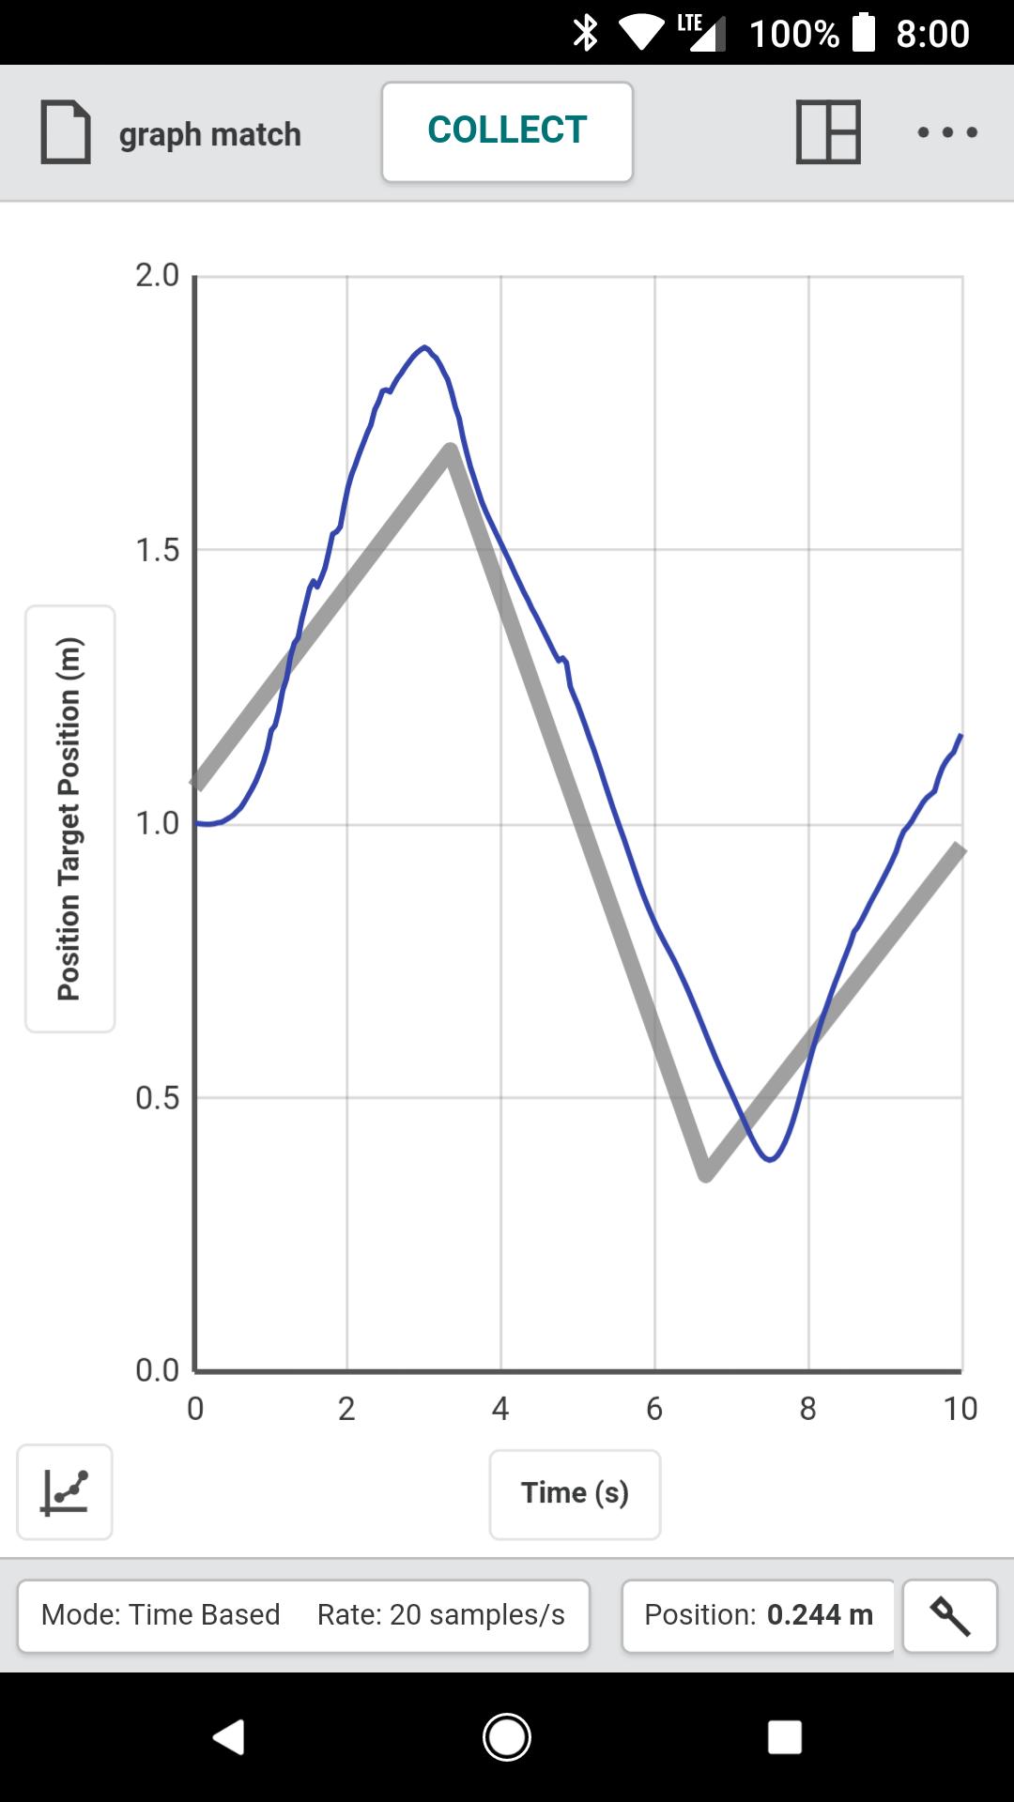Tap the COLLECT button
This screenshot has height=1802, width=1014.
507,131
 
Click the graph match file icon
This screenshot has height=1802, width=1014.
66,132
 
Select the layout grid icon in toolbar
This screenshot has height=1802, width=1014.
828,132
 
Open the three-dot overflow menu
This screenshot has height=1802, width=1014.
947,132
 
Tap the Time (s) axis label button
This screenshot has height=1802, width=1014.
575,1493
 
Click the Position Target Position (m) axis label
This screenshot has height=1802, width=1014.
70,818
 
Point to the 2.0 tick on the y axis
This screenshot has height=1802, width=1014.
157,276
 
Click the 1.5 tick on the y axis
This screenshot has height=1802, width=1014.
157,550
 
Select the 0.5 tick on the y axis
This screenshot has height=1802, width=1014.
157,1098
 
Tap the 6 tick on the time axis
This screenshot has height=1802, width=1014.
654,1409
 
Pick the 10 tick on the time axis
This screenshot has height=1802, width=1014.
960,1409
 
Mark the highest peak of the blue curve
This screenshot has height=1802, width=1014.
425,347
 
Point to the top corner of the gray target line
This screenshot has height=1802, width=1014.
451,450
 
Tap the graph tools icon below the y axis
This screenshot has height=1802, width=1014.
65,1491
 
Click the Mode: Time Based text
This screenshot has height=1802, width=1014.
161,1614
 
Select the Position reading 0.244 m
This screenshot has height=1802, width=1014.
820,1614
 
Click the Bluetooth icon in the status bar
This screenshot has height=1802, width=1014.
586,33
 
